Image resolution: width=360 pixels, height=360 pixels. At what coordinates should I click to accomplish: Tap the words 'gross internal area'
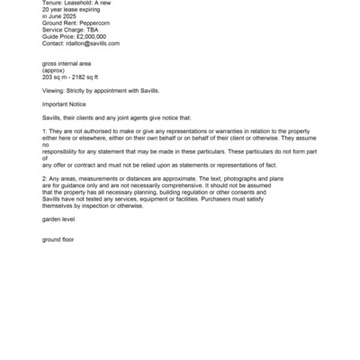(67, 66)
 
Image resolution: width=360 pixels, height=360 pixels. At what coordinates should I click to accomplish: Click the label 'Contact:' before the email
(53, 42)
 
